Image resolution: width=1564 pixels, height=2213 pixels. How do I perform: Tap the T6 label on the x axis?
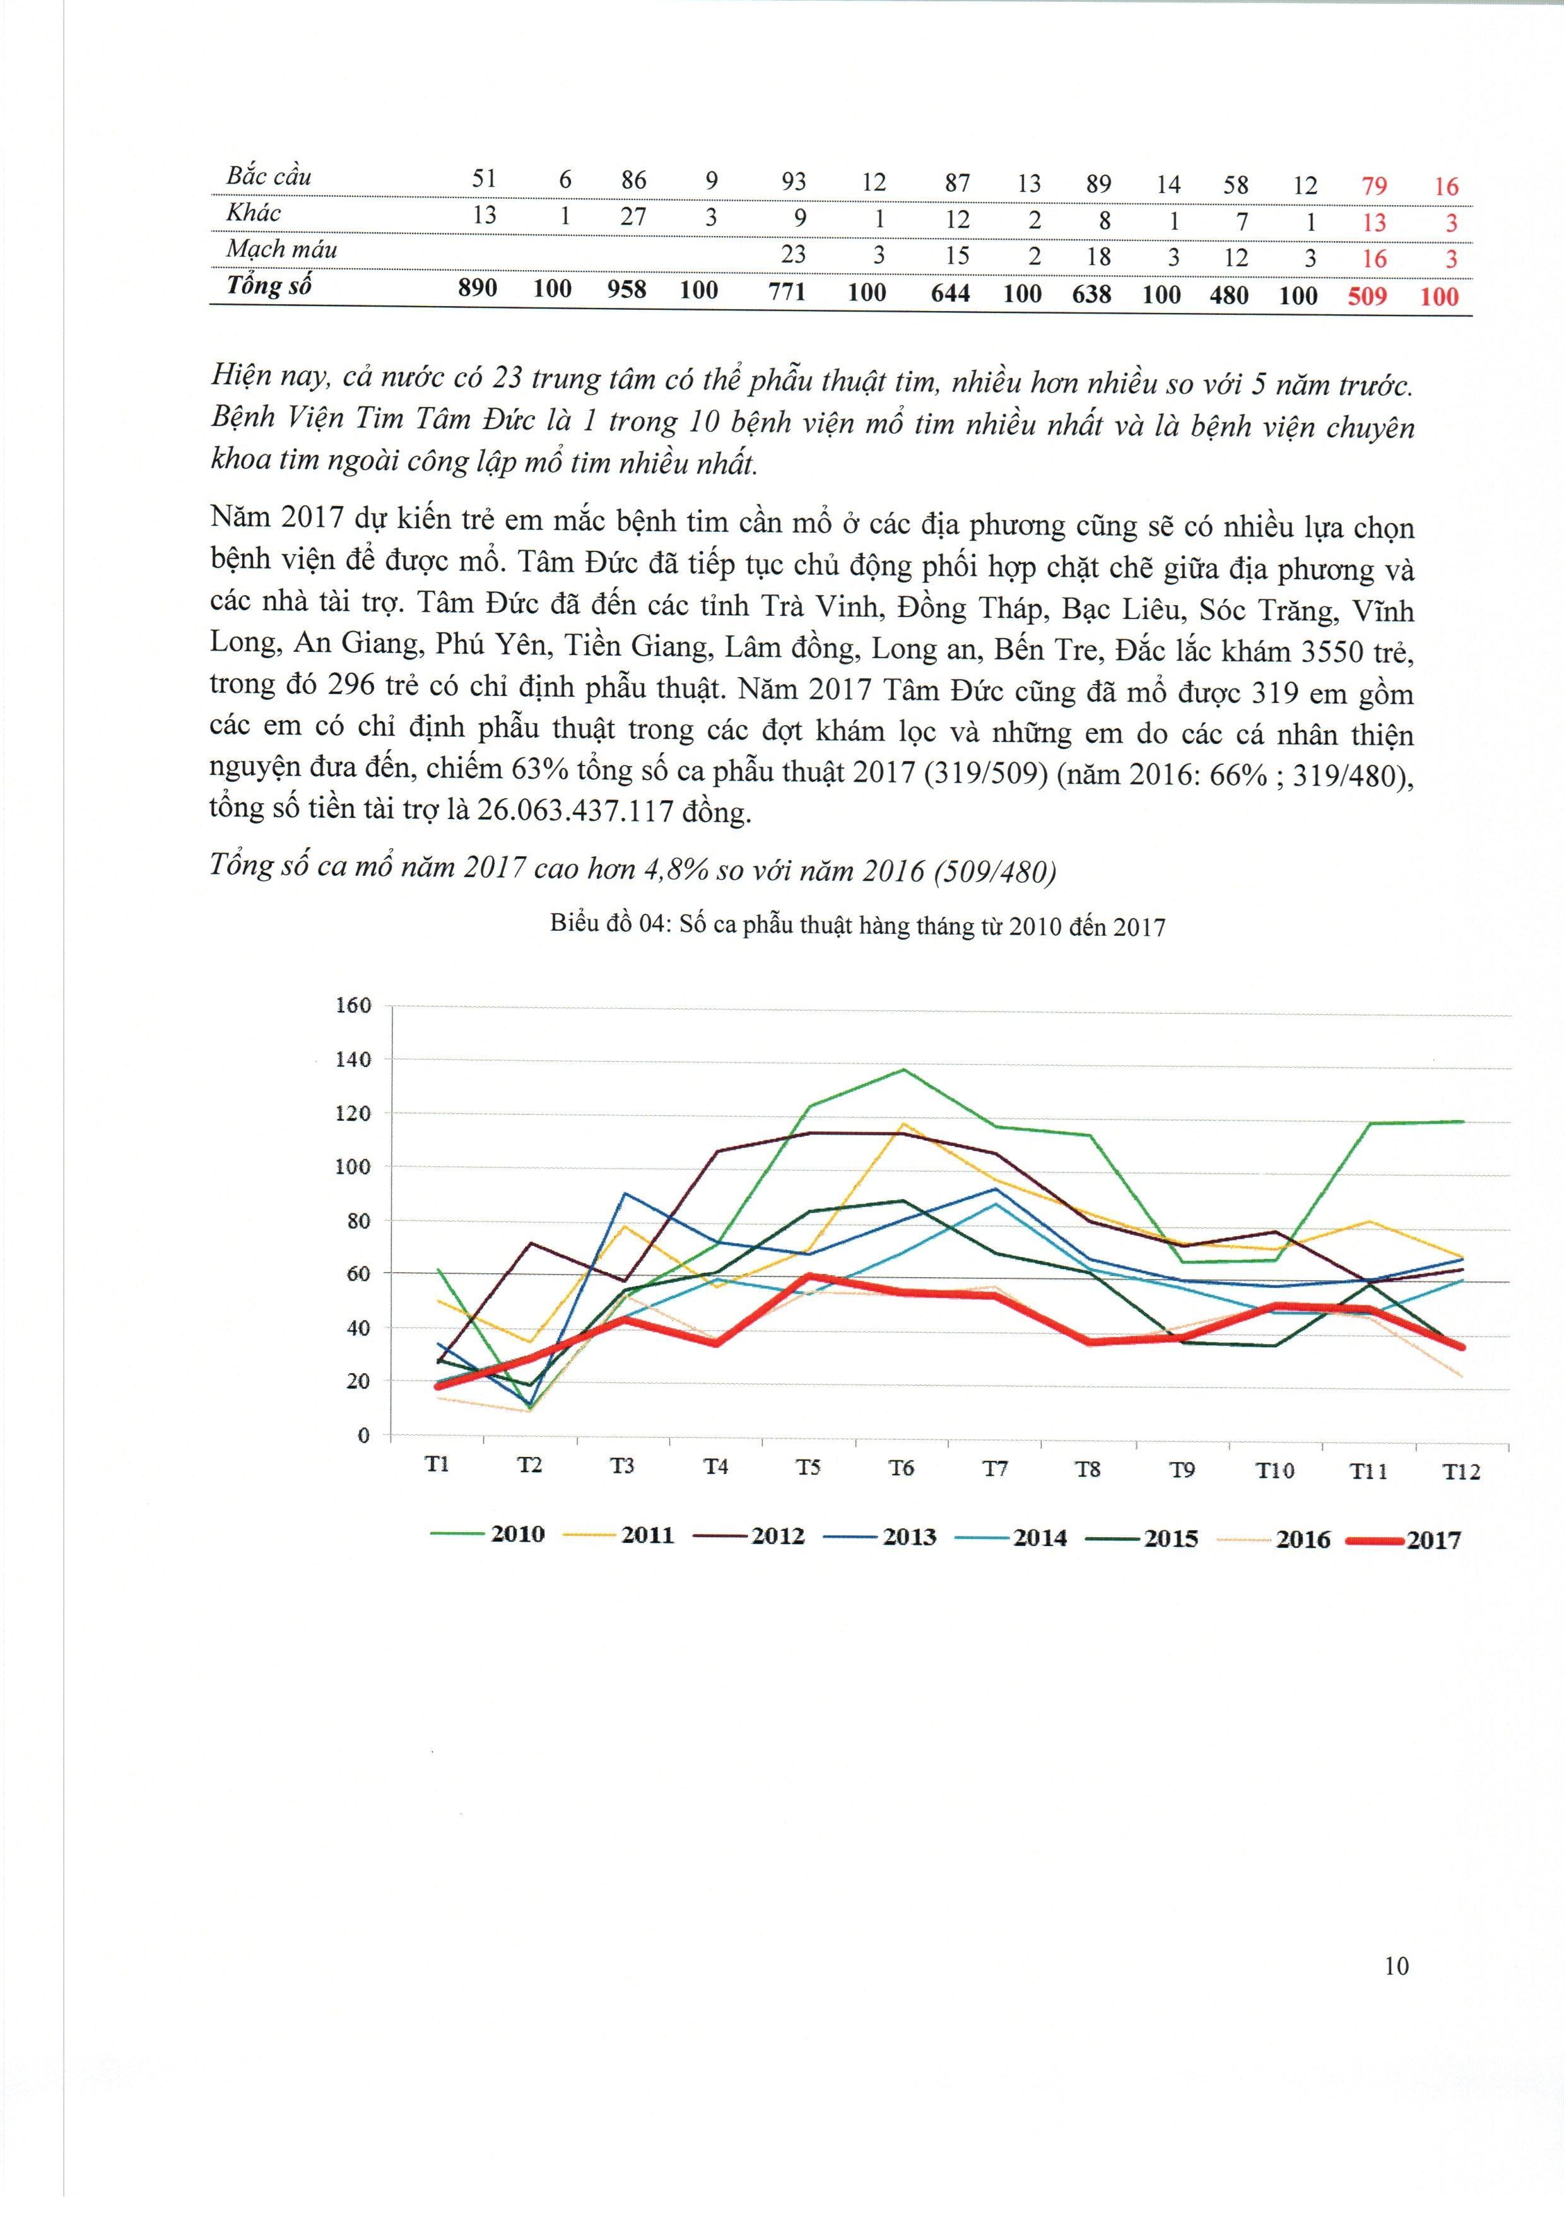tap(901, 1468)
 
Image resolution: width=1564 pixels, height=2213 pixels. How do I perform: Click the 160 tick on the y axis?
tap(353, 1005)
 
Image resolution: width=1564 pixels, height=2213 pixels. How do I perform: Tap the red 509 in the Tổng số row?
tap(1367, 296)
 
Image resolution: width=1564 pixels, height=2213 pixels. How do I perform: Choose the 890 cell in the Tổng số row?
tap(478, 288)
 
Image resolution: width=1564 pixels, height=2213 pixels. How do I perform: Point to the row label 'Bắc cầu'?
tap(268, 177)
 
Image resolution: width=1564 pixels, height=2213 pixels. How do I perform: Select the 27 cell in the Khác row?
tap(632, 216)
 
